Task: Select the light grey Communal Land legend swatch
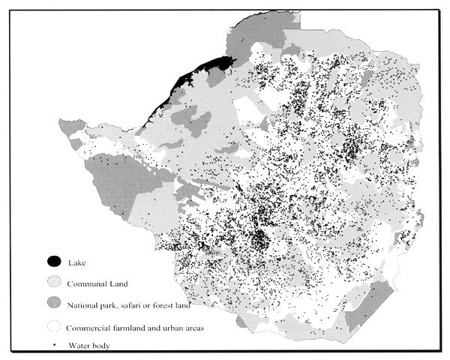54,283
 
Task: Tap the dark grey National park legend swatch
54,305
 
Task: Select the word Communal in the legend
85,284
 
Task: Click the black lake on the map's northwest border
202,70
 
